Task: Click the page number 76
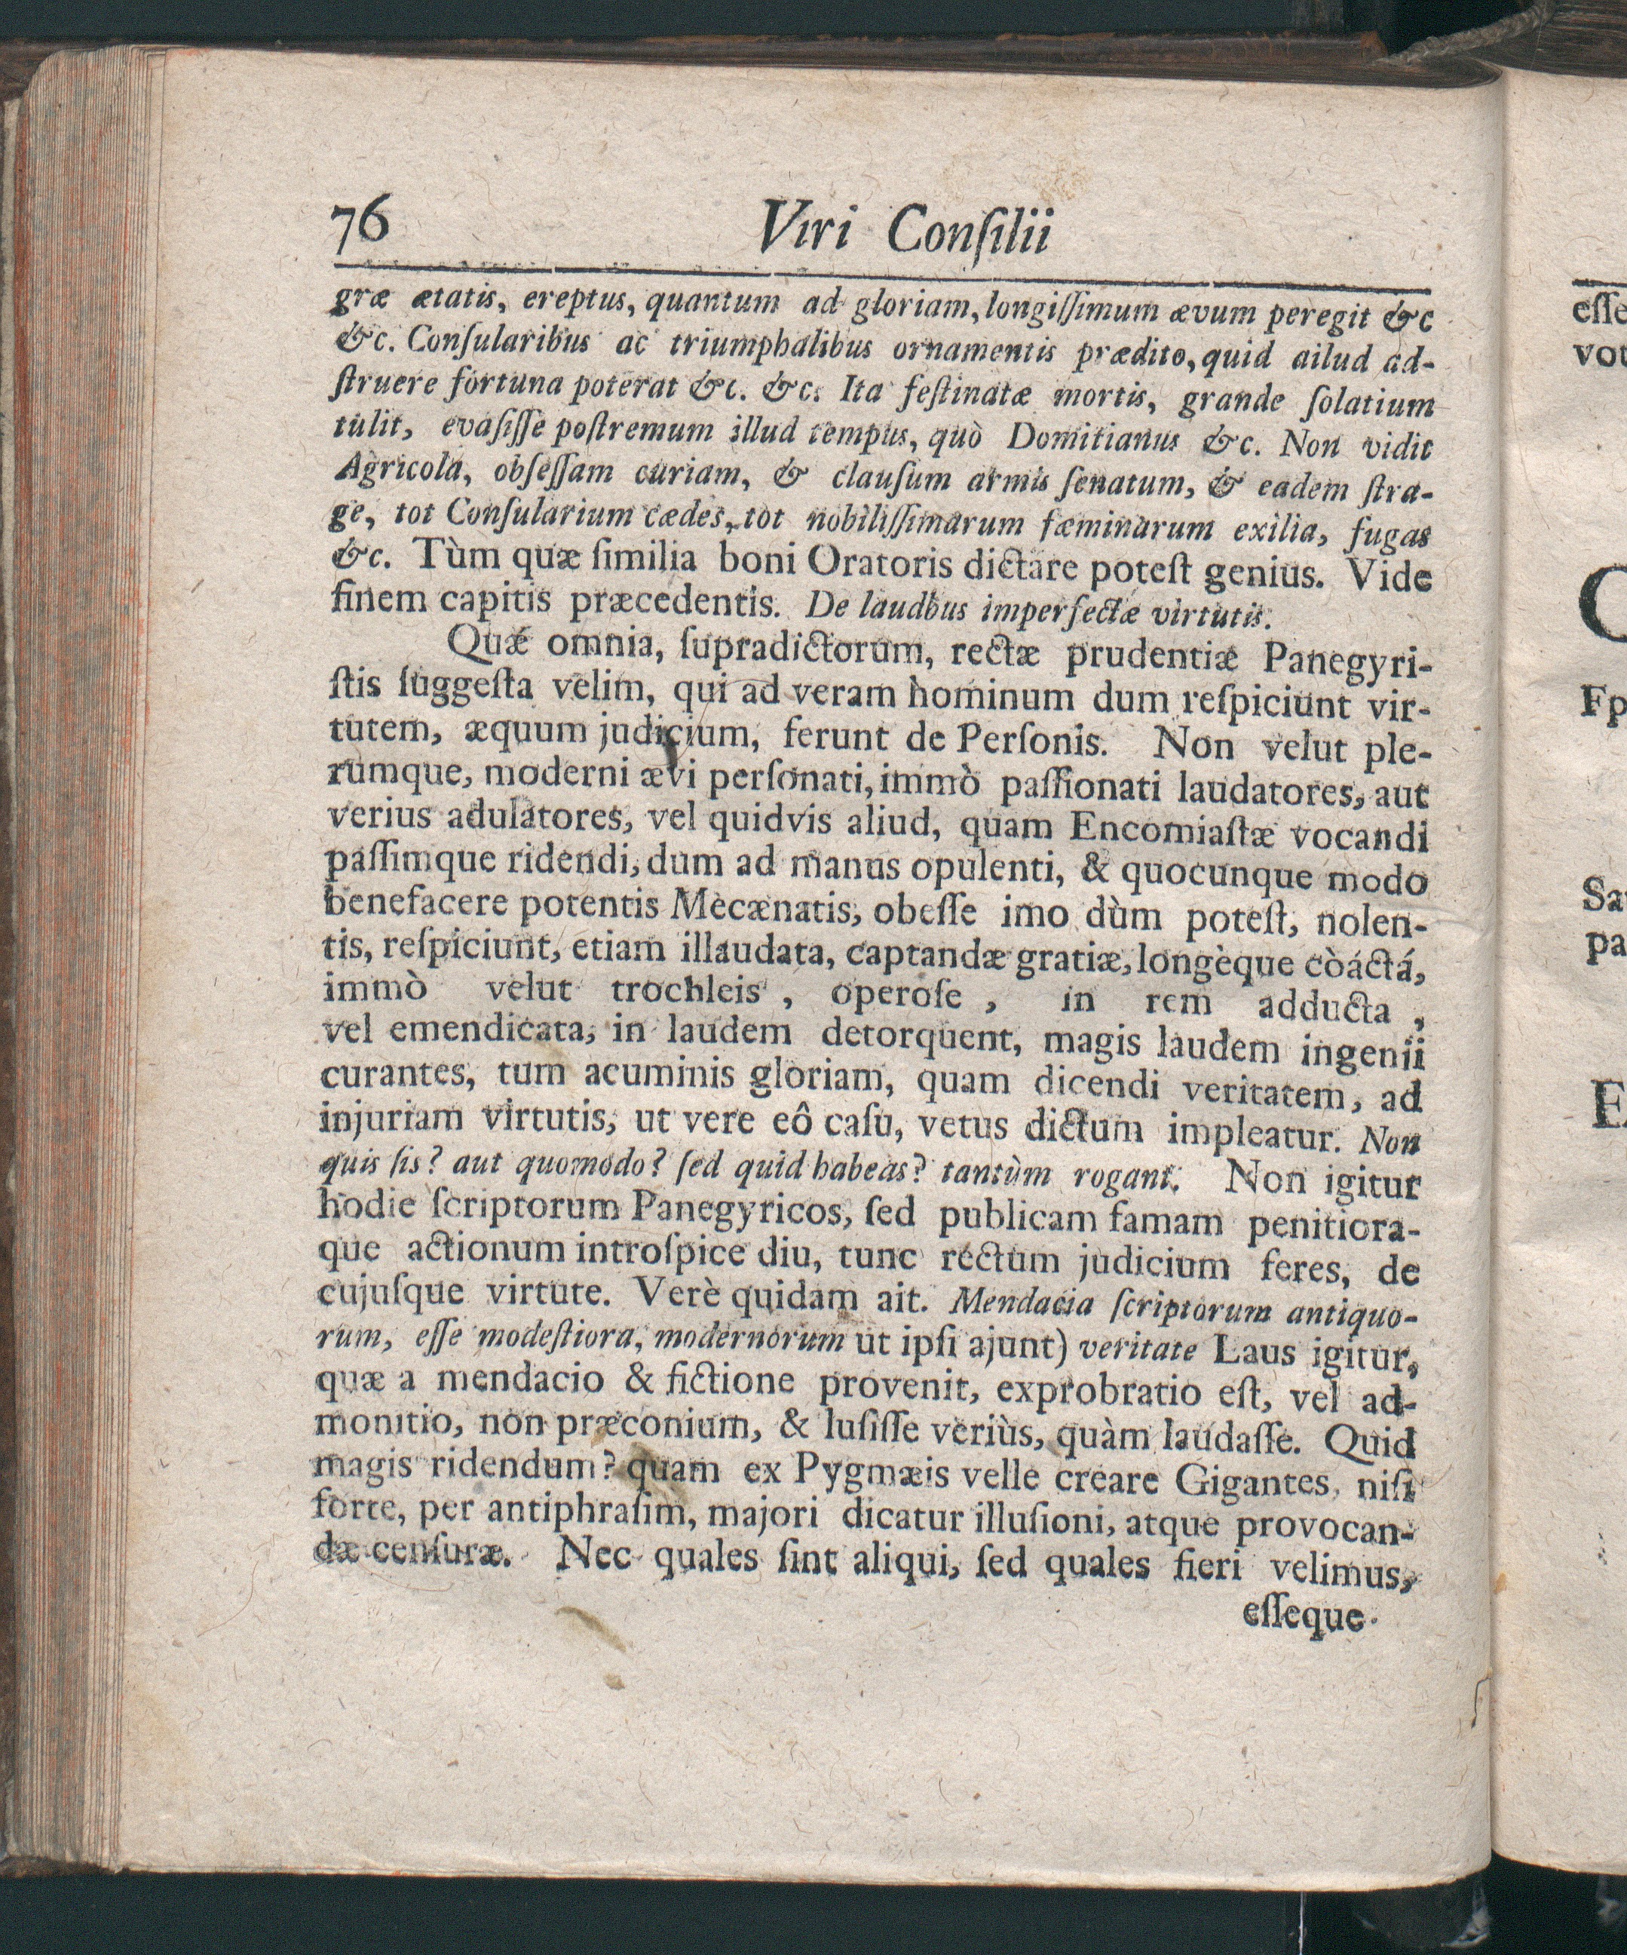[x=360, y=230]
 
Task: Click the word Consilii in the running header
[x=968, y=233]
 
